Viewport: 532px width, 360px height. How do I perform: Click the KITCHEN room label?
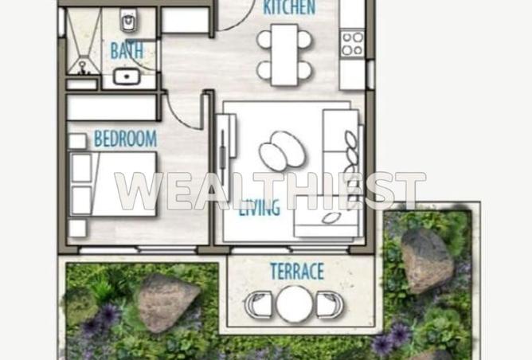pyautogui.click(x=289, y=9)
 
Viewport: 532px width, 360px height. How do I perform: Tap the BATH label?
pyautogui.click(x=127, y=51)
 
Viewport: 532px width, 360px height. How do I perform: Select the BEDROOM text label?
pyautogui.click(x=125, y=139)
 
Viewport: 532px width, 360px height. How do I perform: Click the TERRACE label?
pyautogui.click(x=296, y=271)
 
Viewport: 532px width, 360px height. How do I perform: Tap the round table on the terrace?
pyautogui.click(x=294, y=303)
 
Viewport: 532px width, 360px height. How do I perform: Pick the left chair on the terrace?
pyautogui.click(x=258, y=304)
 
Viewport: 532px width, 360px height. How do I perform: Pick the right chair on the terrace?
pyautogui.click(x=329, y=304)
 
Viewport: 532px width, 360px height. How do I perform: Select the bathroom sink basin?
pyautogui.click(x=125, y=77)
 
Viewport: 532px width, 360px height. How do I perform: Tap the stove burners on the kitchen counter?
pyautogui.click(x=352, y=44)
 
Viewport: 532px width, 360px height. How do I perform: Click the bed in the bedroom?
pyautogui.click(x=111, y=185)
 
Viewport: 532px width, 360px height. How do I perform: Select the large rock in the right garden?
pyautogui.click(x=425, y=260)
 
